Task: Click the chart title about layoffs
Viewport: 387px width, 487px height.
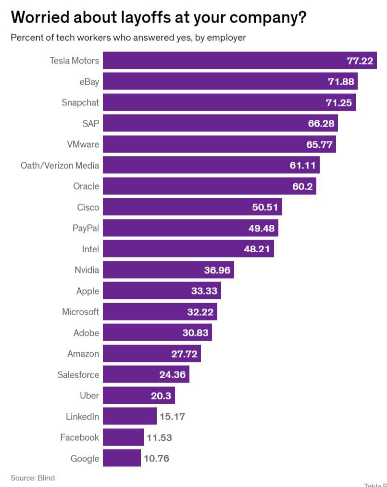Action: click(x=159, y=17)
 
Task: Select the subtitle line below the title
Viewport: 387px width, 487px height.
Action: click(x=128, y=38)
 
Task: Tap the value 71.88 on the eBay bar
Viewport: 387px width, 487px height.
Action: click(x=341, y=81)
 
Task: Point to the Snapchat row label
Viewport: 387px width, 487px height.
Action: click(x=80, y=103)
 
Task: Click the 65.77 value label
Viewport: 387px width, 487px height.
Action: click(x=319, y=144)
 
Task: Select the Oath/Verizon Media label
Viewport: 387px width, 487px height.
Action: click(x=60, y=166)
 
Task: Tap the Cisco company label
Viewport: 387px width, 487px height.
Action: click(x=88, y=207)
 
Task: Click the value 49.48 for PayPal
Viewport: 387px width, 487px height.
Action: click(x=262, y=228)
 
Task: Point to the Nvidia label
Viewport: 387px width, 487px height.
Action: click(x=87, y=270)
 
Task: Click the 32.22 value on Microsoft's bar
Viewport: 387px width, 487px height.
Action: click(x=200, y=312)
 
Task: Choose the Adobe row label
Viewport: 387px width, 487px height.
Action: click(x=86, y=333)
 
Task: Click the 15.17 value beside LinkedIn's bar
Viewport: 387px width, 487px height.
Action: click(x=172, y=416)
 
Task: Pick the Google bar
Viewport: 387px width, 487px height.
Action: click(x=122, y=458)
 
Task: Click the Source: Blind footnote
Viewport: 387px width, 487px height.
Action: click(x=33, y=478)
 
